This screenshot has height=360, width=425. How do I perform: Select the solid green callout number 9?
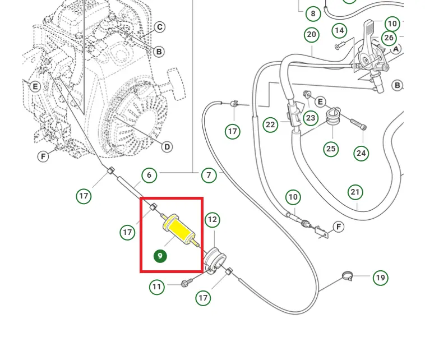(x=160, y=256)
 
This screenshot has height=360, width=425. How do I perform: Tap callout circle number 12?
(x=212, y=220)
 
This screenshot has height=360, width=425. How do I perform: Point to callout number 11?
(x=157, y=287)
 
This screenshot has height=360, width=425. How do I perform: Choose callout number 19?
(x=381, y=277)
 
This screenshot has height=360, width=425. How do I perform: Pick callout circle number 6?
(x=149, y=175)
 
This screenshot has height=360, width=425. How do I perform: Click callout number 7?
(x=209, y=175)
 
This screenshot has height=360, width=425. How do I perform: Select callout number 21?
(x=355, y=191)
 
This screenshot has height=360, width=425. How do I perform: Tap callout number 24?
(x=361, y=153)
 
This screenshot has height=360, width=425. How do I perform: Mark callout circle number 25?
(x=331, y=149)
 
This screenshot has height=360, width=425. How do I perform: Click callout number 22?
(x=271, y=124)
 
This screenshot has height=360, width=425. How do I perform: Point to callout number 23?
(x=311, y=118)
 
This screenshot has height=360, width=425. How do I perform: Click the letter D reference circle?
(x=167, y=147)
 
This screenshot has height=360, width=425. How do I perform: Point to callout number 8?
(x=313, y=13)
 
